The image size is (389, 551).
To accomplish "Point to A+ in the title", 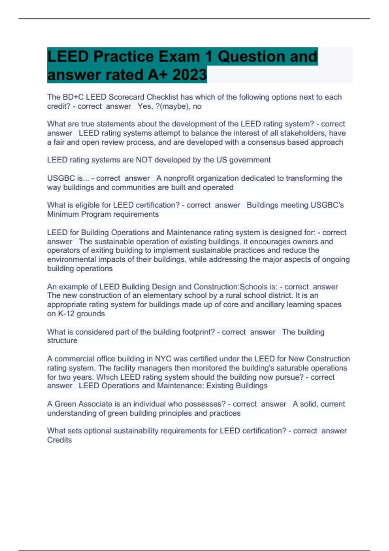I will pos(158,75).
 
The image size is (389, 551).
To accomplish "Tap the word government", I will pos(250,160).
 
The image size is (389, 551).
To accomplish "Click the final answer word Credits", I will pos(59,440).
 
